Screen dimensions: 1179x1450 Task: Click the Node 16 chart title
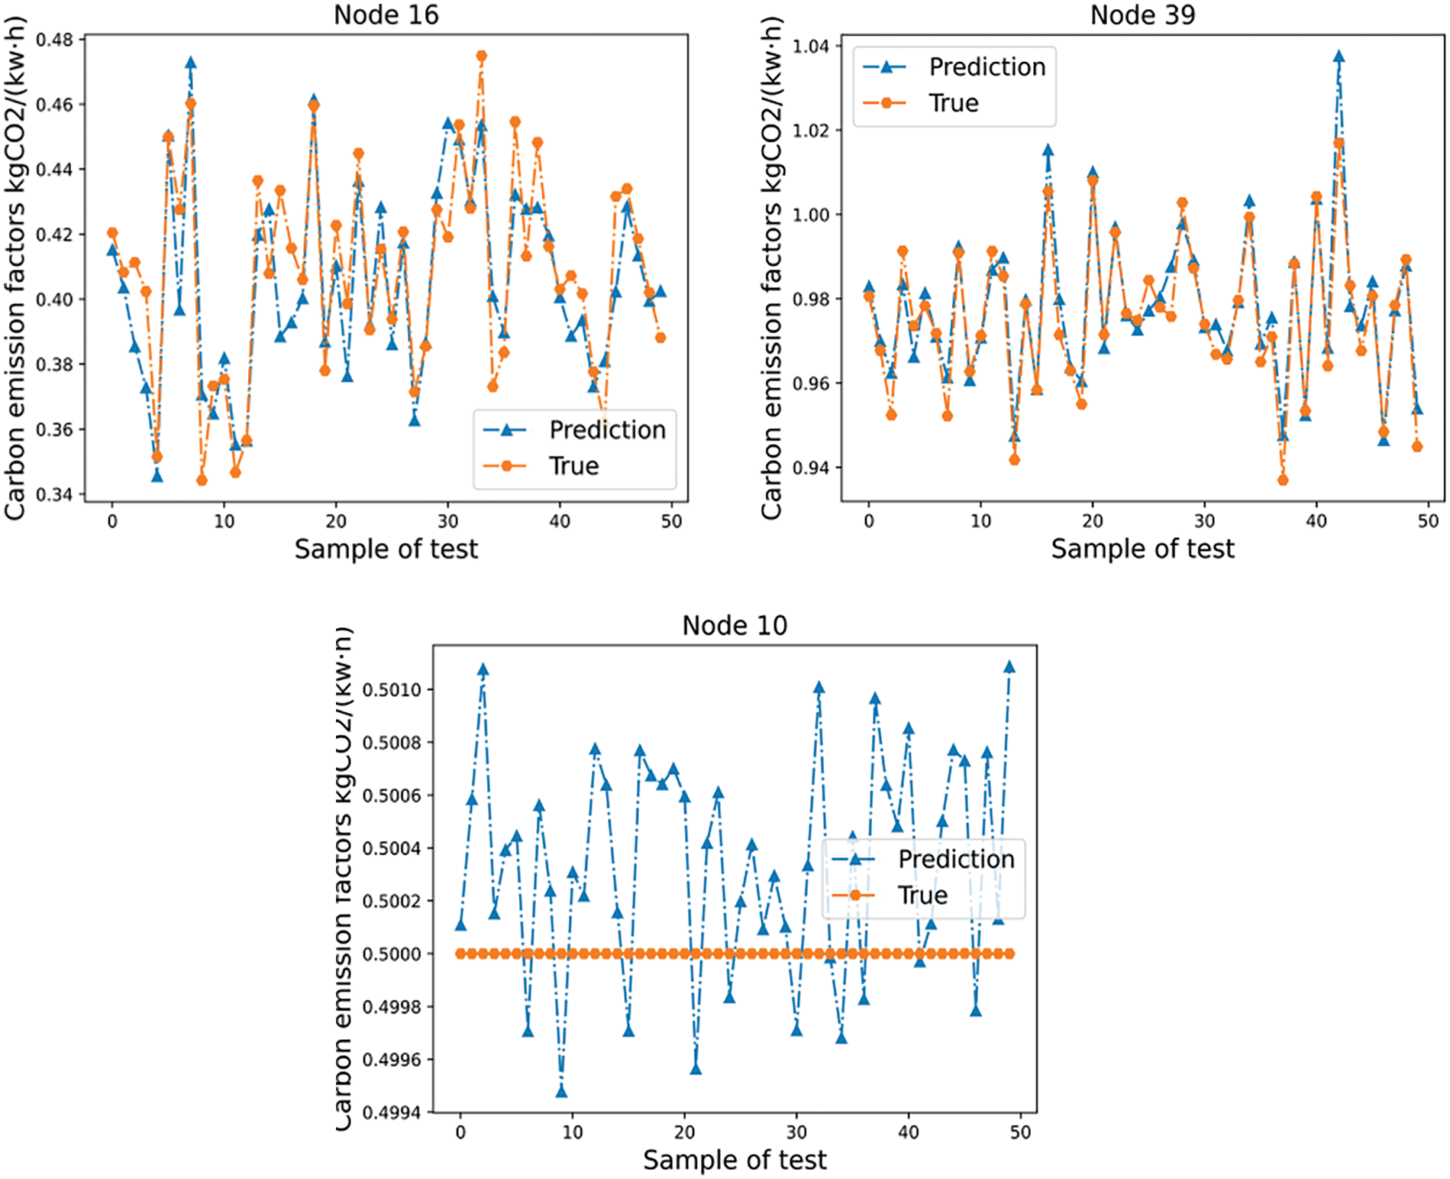386,15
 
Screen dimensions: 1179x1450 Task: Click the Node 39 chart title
1142,15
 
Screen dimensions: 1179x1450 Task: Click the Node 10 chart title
734,625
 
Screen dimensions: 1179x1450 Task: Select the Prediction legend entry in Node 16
607,430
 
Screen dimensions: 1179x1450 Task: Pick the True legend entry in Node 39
953,103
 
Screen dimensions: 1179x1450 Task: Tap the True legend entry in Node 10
922,896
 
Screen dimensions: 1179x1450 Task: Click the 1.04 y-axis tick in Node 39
811,47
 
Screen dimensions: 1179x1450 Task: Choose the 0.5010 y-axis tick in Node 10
391,690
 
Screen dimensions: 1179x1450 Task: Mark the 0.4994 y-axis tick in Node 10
391,1113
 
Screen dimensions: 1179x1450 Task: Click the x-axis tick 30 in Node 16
447,521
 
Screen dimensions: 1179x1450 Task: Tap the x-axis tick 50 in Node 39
1428,521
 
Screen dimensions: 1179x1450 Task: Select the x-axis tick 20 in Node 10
684,1132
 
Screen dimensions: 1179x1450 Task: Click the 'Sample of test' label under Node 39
1142,549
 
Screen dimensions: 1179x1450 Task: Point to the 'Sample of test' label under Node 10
734,1160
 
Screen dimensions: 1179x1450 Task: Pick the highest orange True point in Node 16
481,56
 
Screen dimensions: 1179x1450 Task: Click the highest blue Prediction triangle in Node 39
1339,57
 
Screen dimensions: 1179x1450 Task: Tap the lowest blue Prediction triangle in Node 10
561,1092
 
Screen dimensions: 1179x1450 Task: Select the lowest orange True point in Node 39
1283,480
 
